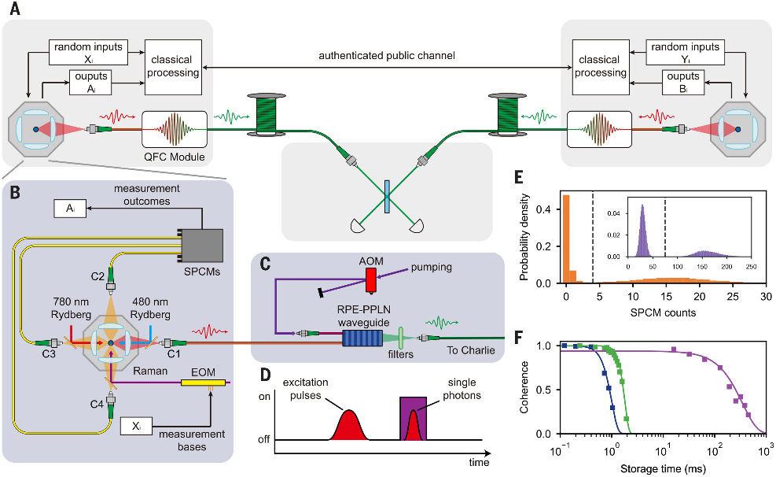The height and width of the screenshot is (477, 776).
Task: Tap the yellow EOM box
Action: (203, 383)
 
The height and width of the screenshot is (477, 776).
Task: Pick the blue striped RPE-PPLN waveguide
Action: (362, 339)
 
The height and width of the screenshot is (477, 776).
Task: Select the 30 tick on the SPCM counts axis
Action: (766, 297)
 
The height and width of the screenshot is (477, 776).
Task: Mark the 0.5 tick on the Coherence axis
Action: (544, 390)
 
